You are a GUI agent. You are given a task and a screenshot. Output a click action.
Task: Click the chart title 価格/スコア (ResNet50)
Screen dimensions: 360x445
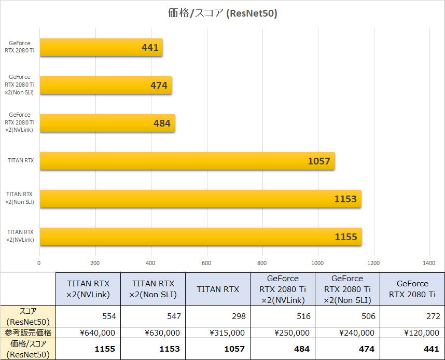223,13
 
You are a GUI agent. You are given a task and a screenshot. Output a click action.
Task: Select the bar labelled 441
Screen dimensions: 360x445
101,48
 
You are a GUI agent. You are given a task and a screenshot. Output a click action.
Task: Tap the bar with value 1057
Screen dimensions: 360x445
187,161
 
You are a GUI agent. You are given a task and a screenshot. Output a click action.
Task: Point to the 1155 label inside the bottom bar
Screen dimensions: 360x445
346,237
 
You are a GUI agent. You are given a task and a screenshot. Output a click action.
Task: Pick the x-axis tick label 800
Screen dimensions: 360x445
262,263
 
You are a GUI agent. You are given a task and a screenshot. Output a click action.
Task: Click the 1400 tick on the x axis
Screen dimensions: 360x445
428,263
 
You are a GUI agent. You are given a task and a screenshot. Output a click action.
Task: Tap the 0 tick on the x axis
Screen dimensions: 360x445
39,263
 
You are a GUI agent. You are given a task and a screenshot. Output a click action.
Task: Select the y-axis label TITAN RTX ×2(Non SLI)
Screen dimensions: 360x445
20,198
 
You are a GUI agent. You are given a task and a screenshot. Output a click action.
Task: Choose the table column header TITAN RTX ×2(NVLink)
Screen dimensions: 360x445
88,289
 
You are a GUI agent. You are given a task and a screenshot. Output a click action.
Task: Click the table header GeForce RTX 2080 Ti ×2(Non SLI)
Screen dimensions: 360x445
347,289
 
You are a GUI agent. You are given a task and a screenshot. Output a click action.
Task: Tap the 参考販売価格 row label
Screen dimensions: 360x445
28,333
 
